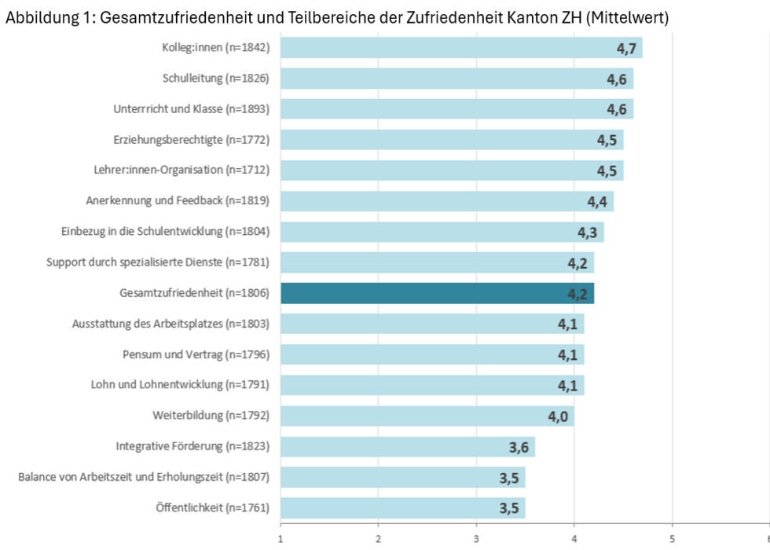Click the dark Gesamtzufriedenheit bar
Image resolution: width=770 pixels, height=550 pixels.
[437, 293]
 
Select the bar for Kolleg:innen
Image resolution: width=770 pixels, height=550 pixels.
[461, 48]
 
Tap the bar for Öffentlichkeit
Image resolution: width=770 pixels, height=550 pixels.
[402, 508]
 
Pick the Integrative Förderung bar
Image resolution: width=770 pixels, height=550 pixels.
[407, 446]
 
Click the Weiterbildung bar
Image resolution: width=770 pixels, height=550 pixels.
[427, 416]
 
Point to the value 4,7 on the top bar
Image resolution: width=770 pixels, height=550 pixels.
[626, 49]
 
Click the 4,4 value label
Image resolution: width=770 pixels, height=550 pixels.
[597, 202]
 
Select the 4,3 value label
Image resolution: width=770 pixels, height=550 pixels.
[588, 233]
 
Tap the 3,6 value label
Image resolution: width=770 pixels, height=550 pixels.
[519, 447]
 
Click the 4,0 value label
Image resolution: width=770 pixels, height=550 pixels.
[558, 416]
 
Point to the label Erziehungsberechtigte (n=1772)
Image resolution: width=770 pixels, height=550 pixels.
[192, 140]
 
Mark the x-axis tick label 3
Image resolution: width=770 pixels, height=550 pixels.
[476, 539]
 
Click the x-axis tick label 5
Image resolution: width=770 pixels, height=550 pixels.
[672, 539]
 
